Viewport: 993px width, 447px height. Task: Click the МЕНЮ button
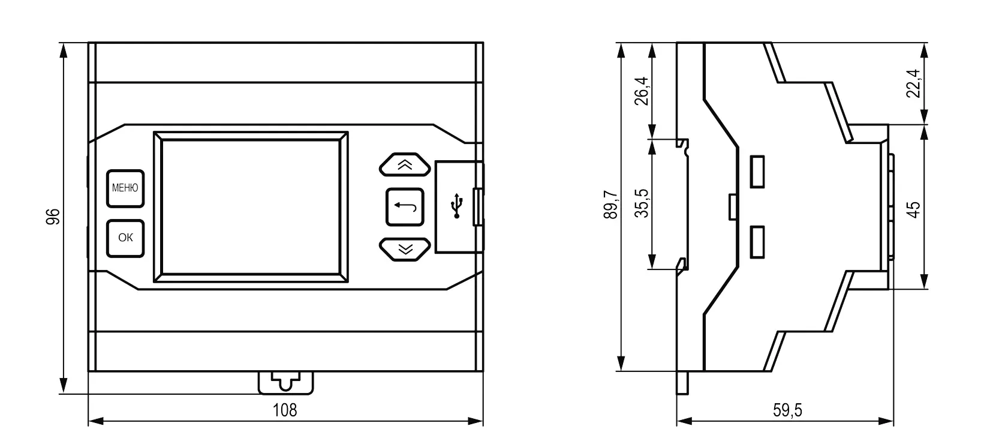click(x=125, y=188)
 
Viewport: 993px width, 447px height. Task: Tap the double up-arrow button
click(x=405, y=164)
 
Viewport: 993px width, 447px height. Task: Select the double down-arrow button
click(x=405, y=249)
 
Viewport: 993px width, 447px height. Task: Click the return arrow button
click(x=405, y=207)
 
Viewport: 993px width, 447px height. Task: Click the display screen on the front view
click(x=251, y=206)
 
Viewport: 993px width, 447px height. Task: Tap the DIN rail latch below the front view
click(x=285, y=383)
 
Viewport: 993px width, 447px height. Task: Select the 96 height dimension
click(x=53, y=217)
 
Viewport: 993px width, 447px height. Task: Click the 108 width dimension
click(x=285, y=410)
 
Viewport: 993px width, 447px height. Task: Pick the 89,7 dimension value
click(x=610, y=205)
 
